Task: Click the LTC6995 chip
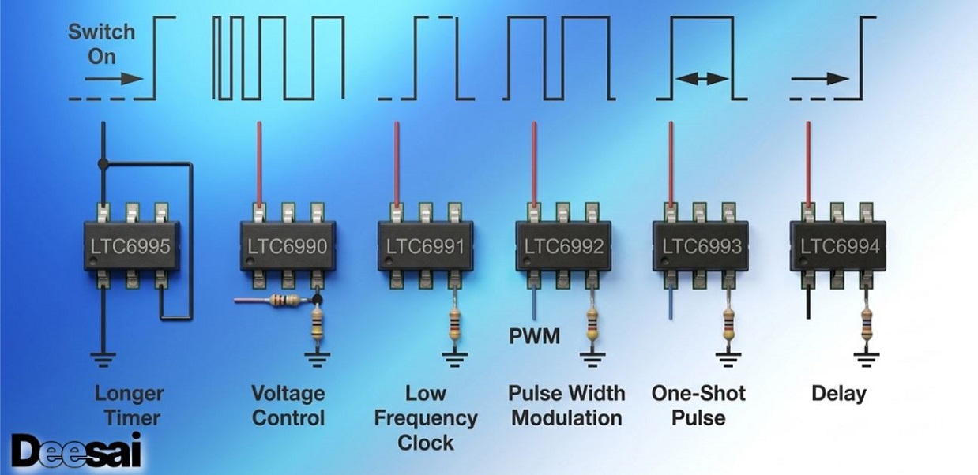point(131,246)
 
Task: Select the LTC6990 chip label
point(288,246)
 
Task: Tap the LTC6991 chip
point(425,246)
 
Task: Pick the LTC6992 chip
point(563,246)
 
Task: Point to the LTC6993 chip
point(701,246)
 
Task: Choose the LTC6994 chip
point(838,246)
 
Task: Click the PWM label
point(534,336)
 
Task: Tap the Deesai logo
point(77,450)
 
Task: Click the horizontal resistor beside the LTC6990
point(284,300)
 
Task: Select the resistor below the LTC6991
point(454,325)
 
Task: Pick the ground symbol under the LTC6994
point(867,360)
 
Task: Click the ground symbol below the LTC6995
point(103,360)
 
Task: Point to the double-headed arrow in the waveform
point(702,79)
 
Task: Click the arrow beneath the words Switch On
point(114,79)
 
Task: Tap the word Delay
point(839,394)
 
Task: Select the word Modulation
point(566,418)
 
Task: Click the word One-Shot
point(698,393)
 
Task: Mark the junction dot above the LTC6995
point(103,164)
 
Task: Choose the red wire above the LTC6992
point(534,164)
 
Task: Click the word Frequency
point(426,418)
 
